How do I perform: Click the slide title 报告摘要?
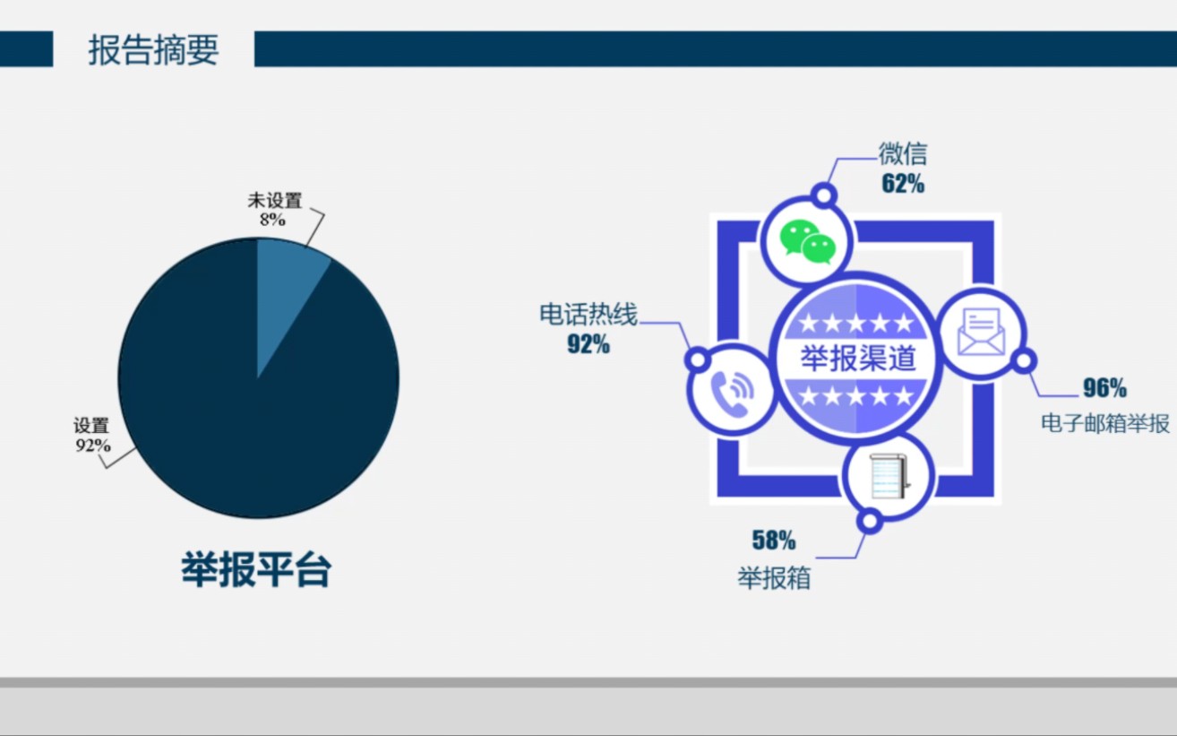pyautogui.click(x=153, y=50)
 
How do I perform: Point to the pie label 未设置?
pyautogui.click(x=275, y=201)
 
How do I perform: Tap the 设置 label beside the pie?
pyautogui.click(x=91, y=427)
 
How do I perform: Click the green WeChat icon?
pyautogui.click(x=807, y=240)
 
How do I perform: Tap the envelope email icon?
pyautogui.click(x=981, y=332)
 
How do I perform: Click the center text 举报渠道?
pyautogui.click(x=857, y=359)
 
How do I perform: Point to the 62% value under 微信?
pyautogui.click(x=902, y=185)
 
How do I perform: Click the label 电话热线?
pyautogui.click(x=588, y=315)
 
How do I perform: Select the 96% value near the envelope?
pyautogui.click(x=1104, y=388)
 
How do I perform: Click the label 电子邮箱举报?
pyautogui.click(x=1105, y=423)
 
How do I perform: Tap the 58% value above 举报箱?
pyautogui.click(x=773, y=541)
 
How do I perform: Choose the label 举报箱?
pyautogui.click(x=774, y=578)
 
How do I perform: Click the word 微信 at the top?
pyautogui.click(x=902, y=154)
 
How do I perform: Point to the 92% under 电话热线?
pyautogui.click(x=588, y=344)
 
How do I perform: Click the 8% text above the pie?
pyautogui.click(x=272, y=220)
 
